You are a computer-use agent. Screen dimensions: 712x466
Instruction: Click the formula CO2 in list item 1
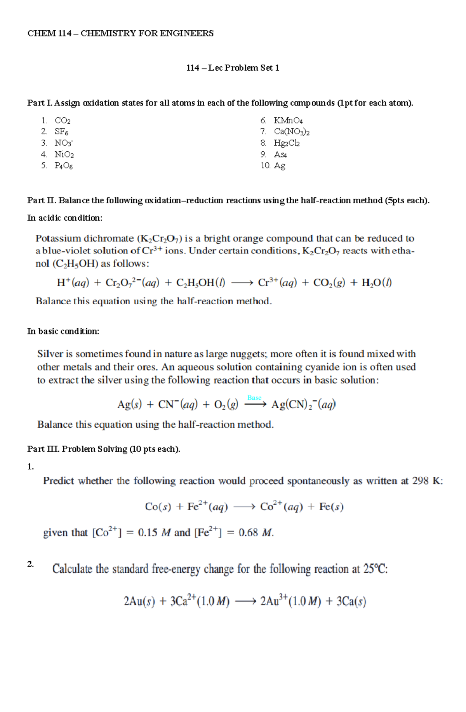63,121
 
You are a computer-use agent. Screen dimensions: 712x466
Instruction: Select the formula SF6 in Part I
61,132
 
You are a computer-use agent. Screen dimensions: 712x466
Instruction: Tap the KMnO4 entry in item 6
288,121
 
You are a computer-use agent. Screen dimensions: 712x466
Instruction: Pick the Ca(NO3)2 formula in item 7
292,132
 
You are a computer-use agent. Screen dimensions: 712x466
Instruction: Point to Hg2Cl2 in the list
287,143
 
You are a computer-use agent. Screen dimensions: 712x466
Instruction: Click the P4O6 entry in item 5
64,166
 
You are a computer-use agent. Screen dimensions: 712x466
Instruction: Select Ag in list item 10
280,166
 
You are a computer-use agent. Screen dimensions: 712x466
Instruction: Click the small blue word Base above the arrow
254,398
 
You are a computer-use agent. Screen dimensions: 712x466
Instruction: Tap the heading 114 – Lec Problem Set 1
233,68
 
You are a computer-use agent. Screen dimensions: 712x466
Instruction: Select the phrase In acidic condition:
65,218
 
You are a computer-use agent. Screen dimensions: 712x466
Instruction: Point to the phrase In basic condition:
63,331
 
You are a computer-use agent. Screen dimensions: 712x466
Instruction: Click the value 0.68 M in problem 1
256,533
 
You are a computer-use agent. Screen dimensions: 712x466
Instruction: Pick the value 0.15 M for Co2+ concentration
154,533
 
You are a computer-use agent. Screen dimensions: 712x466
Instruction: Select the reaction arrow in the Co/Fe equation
244,507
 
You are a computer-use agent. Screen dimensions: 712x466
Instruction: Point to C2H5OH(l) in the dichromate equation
201,283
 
